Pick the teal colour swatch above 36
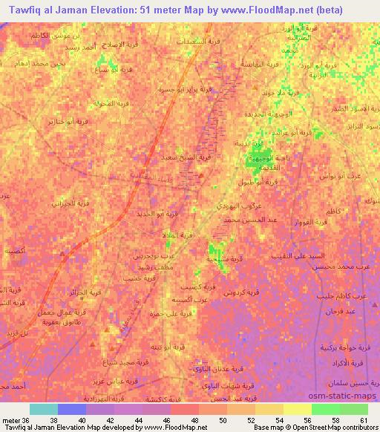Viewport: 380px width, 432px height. click(x=44, y=409)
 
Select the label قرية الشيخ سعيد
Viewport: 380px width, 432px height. click(x=190, y=157)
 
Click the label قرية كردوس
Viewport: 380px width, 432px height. click(x=240, y=293)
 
